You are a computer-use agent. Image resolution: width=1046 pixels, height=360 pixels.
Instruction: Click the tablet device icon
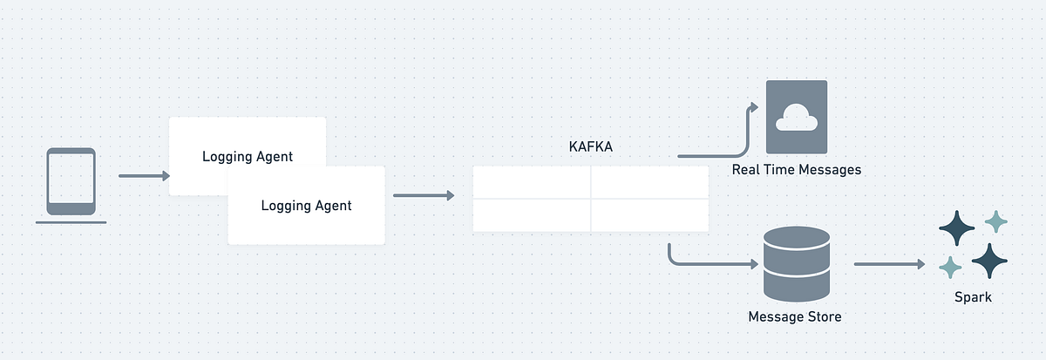pos(71,181)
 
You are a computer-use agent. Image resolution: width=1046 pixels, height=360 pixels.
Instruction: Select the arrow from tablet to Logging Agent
pos(145,176)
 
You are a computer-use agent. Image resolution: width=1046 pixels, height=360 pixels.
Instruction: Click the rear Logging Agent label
pos(248,157)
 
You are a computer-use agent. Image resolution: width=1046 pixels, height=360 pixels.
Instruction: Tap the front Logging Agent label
pos(306,206)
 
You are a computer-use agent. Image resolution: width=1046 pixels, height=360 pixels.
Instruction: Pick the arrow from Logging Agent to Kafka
pos(424,195)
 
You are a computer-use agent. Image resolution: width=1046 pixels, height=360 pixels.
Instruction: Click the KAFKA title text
pos(590,147)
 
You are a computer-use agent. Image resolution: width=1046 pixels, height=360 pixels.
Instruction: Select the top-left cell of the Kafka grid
pos(532,182)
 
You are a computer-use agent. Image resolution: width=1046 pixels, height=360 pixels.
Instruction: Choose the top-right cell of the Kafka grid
pos(649,182)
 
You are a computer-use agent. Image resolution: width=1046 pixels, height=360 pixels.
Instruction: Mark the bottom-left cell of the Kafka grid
pos(532,215)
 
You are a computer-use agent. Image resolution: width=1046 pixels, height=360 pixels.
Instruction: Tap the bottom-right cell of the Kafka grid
pos(649,215)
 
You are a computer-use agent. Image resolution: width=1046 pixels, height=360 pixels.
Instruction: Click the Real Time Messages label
pos(796,170)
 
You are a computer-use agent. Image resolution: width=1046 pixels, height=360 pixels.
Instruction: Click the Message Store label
pos(795,316)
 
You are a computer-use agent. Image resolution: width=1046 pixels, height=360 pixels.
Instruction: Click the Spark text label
pos(972,296)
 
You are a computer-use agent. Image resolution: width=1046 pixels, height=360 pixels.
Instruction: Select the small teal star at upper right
pos(995,222)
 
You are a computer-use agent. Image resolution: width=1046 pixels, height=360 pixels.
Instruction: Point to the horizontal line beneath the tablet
pos(71,222)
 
